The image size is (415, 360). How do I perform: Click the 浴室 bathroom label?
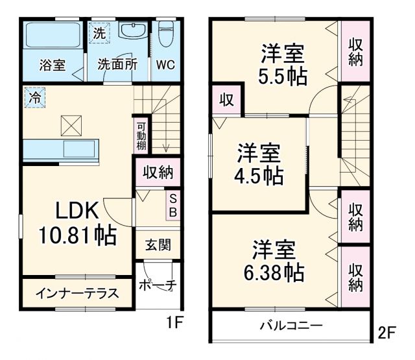(51, 65)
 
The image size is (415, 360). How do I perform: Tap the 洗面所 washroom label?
(117, 65)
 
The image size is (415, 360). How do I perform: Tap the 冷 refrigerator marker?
(33, 97)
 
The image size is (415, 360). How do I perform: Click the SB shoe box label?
(173, 206)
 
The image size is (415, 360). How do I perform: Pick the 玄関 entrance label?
(158, 245)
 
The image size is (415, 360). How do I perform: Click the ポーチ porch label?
(158, 284)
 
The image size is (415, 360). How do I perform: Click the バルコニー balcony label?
(291, 324)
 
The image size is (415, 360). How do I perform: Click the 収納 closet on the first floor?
(158, 173)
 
